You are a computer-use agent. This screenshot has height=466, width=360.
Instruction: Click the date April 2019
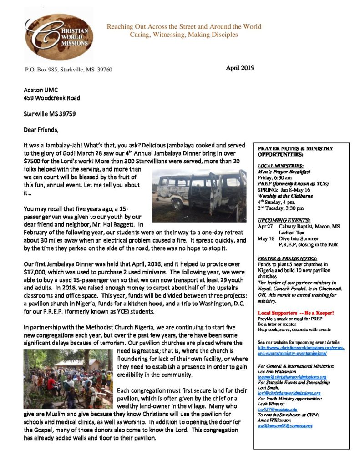[239, 68]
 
